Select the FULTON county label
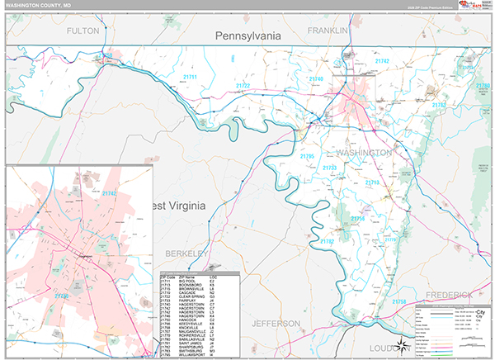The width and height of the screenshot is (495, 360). pyautogui.click(x=82, y=31)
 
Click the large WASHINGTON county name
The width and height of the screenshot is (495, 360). pyautogui.click(x=364, y=154)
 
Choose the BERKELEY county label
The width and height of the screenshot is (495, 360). pyautogui.click(x=181, y=253)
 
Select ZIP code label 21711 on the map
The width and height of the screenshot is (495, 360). pyautogui.click(x=191, y=77)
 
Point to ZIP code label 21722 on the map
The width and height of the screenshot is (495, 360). pyautogui.click(x=243, y=85)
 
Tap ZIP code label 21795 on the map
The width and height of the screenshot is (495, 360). pyautogui.click(x=307, y=156)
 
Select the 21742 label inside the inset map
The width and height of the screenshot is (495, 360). pyautogui.click(x=110, y=193)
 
